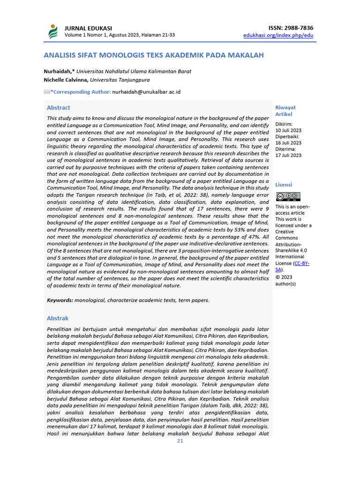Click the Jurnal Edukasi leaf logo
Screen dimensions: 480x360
pos(52,31)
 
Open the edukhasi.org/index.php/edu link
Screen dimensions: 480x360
pos(278,35)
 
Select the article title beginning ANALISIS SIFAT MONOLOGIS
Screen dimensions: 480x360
pos(153,55)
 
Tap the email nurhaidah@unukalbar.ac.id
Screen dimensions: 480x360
pos(146,92)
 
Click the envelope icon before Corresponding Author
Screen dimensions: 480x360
pos(47,92)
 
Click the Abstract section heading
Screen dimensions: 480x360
pos(59,108)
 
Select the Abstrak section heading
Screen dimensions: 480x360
pos(58,318)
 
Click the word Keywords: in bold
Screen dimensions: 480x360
pos(60,300)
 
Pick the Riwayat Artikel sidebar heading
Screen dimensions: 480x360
pos(285,111)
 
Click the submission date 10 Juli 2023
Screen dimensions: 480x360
pos(288,130)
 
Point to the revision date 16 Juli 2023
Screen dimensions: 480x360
pos(288,143)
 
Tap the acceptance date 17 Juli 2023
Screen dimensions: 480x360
pos(288,155)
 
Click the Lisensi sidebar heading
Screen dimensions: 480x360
pos(284,185)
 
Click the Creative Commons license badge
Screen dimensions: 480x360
pos(288,197)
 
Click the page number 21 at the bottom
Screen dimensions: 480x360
pos(180,441)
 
